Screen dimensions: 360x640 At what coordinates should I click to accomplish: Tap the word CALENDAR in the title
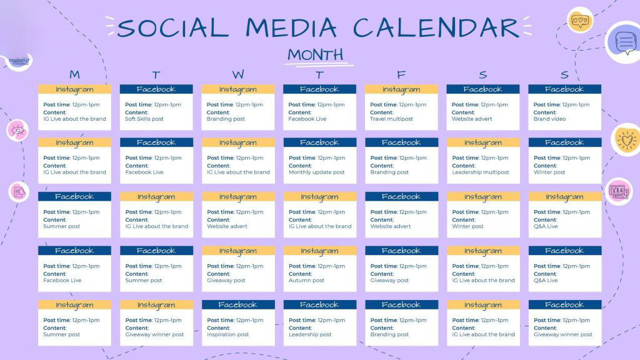tap(436, 28)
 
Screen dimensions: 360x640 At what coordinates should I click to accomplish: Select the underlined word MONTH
tap(316, 54)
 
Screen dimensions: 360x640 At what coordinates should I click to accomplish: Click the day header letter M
tap(74, 75)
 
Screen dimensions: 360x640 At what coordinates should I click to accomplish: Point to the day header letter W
tap(238, 75)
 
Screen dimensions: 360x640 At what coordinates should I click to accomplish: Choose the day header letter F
tap(401, 75)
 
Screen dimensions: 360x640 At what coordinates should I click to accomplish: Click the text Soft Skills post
tap(144, 119)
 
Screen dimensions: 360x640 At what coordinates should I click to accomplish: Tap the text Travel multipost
tap(391, 119)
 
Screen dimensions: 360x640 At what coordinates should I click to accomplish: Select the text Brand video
tap(549, 119)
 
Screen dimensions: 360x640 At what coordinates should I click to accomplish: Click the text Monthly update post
tap(316, 172)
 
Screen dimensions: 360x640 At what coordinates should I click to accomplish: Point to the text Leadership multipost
tap(480, 172)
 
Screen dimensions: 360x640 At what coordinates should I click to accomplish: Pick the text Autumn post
tap(306, 281)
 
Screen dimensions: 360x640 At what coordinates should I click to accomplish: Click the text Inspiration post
tap(227, 334)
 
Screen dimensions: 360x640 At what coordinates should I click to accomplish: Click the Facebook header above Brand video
tap(564, 89)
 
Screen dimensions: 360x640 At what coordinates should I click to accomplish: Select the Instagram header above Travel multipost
tap(401, 89)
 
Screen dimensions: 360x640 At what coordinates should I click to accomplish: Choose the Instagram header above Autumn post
tap(319, 251)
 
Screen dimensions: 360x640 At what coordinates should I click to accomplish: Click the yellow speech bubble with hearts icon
tap(579, 21)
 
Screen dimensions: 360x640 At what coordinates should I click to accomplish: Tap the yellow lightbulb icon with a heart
tap(626, 140)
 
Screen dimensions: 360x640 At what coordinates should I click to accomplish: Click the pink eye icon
tap(17, 130)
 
